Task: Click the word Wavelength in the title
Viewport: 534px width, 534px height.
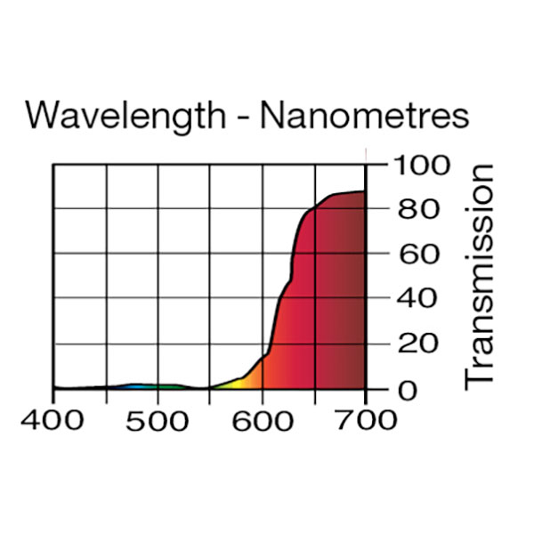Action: [x=125, y=116]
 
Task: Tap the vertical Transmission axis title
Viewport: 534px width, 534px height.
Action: [x=480, y=275]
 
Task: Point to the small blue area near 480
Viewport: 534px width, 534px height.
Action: [x=133, y=386]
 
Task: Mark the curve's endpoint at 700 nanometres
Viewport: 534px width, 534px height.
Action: [x=365, y=191]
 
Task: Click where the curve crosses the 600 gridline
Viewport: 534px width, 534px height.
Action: [x=263, y=358]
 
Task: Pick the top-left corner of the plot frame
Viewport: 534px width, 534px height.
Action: [x=53, y=165]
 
